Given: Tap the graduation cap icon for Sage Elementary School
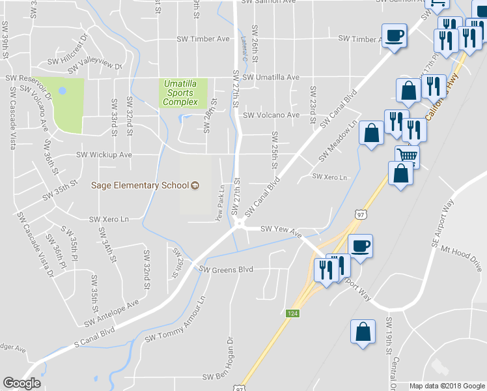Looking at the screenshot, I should tap(194, 186).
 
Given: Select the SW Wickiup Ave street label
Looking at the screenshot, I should tap(104, 155).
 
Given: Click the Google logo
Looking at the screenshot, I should tap(21, 383).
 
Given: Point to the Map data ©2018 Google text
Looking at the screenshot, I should tap(447, 386).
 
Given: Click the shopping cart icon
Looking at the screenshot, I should tap(407, 156).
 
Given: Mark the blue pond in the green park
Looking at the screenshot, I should tap(63, 91).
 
